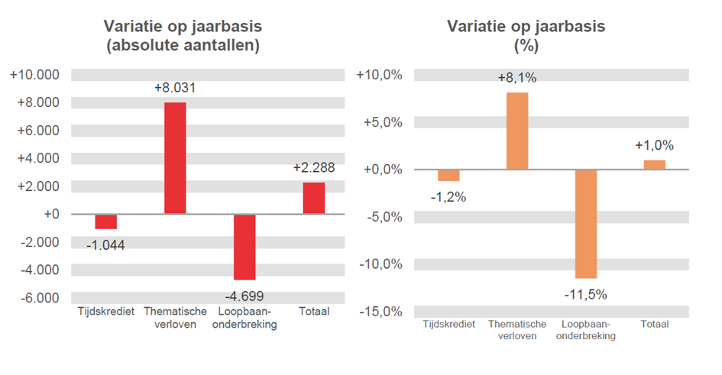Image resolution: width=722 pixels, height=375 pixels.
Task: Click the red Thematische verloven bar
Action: pyautogui.click(x=175, y=158)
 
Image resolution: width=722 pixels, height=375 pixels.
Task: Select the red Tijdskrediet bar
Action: pyautogui.click(x=105, y=221)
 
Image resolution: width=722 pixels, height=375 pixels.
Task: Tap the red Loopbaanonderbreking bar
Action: pyautogui.click(x=244, y=247)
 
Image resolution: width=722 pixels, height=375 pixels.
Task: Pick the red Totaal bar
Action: pyautogui.click(x=313, y=198)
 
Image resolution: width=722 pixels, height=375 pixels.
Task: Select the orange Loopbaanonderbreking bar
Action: pyautogui.click(x=586, y=224)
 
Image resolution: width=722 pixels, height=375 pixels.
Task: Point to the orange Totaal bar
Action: pyautogui.click(x=654, y=164)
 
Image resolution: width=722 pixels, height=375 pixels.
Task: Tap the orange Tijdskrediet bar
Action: pyautogui.click(x=448, y=175)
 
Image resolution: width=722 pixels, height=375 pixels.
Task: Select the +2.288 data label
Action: pyautogui.click(x=313, y=169)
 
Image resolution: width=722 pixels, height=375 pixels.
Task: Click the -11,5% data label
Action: pyautogui.click(x=586, y=294)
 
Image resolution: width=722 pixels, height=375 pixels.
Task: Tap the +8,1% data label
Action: pyautogui.click(x=517, y=78)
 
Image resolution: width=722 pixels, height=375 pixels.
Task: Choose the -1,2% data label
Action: pyautogui.click(x=448, y=197)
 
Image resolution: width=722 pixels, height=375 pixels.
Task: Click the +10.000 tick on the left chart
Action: pyautogui.click(x=34, y=75)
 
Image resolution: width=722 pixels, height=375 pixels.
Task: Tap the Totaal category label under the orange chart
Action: pyautogui.click(x=654, y=325)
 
